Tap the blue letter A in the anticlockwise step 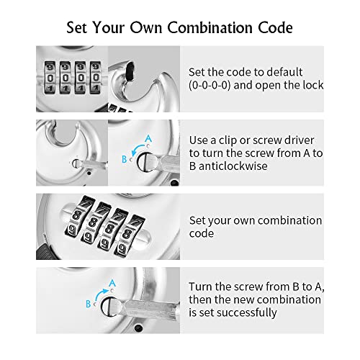[148, 137]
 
